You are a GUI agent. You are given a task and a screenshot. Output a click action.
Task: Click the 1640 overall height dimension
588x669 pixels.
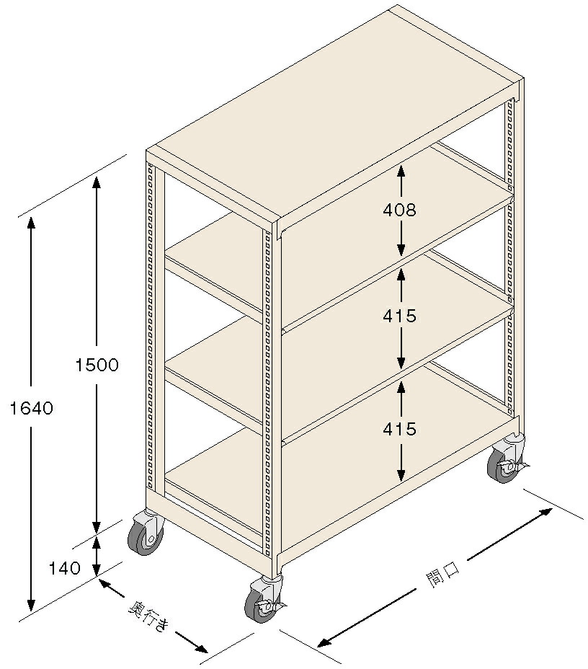point(32,408)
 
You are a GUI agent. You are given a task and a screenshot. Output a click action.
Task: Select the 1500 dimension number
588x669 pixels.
point(97,365)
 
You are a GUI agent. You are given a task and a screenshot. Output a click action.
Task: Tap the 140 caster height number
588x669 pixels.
point(64,568)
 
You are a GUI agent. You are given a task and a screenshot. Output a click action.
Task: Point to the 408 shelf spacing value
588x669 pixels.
point(399,210)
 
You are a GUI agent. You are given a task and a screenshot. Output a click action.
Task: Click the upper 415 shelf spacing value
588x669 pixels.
point(399,316)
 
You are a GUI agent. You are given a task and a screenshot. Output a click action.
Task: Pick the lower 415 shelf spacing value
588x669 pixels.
point(399,429)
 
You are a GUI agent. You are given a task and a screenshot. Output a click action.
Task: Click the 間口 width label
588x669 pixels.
point(442,575)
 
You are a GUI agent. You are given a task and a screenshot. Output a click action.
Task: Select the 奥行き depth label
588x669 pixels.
point(149,616)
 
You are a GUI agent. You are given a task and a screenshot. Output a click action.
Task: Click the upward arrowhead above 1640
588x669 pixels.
point(31,223)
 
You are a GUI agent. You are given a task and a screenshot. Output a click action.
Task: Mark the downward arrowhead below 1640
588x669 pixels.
point(31,605)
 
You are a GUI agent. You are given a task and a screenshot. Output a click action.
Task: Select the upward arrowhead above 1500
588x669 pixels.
point(97,182)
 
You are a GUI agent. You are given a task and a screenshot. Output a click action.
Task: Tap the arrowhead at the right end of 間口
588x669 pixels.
point(546,513)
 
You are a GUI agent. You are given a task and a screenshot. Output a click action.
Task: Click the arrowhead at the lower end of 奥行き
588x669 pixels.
point(201,648)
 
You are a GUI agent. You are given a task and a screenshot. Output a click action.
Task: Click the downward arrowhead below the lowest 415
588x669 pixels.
point(401,475)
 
